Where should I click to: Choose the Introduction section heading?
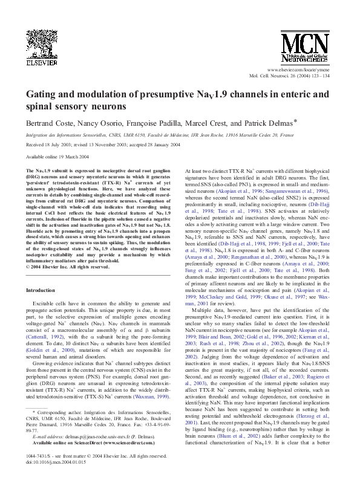pos(46,273)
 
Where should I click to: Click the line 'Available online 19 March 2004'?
pos(58,156)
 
